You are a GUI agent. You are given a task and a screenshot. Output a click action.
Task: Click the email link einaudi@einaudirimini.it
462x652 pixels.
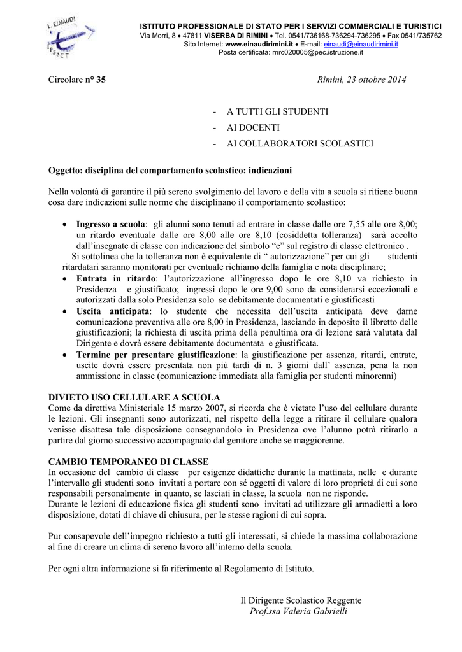pyautogui.click(x=361, y=44)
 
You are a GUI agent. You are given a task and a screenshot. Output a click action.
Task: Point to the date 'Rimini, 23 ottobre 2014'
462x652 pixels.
pyautogui.click(x=361, y=80)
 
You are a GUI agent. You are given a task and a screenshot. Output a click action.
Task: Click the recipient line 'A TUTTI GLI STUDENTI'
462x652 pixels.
pyautogui.click(x=277, y=111)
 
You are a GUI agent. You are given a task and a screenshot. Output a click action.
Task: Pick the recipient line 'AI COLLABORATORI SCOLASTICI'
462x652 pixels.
pyautogui.click(x=300, y=144)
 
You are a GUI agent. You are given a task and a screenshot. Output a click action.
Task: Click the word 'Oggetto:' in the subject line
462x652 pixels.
pyautogui.click(x=67, y=171)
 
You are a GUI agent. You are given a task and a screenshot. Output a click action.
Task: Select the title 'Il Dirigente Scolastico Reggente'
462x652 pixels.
pyautogui.click(x=301, y=600)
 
